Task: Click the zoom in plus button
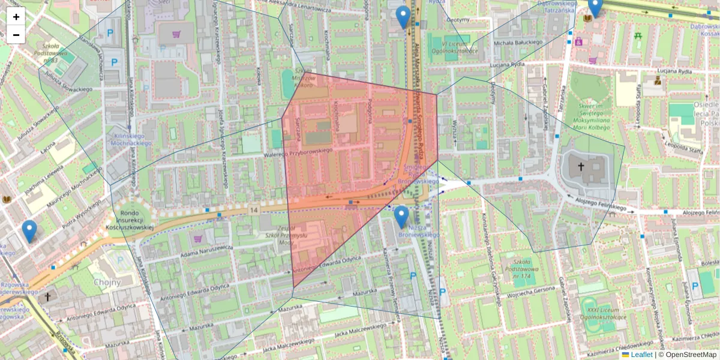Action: pos(16,17)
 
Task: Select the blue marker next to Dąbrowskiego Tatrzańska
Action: pos(595,7)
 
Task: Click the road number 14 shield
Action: pos(254,210)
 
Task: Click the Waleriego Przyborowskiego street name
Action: pos(298,154)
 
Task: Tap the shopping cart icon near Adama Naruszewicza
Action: pos(197,238)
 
